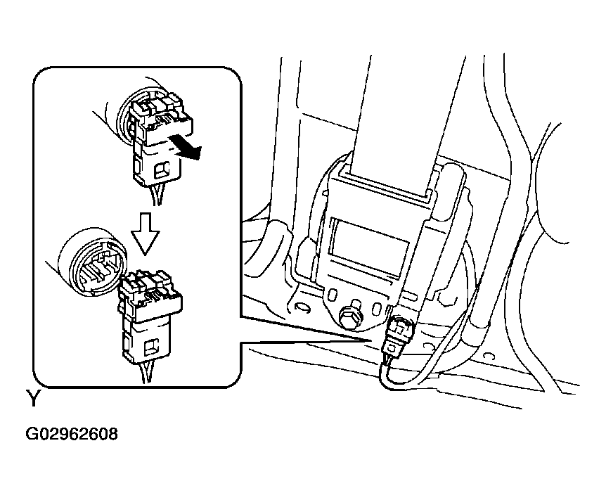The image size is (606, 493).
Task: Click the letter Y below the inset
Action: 33,398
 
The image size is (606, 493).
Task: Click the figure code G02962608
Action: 72,434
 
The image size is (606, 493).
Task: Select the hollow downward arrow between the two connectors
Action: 145,234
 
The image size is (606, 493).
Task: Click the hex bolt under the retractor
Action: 351,316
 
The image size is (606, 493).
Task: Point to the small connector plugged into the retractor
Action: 397,333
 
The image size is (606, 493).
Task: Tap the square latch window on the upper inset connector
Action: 162,170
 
